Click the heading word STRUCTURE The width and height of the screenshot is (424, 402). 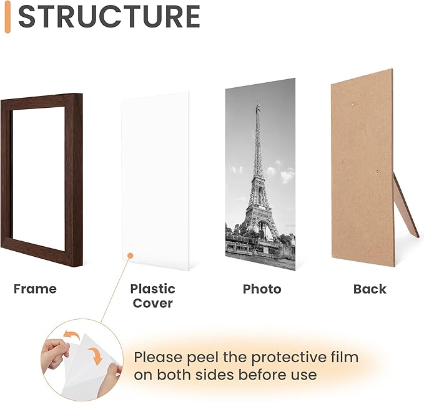coord(109,17)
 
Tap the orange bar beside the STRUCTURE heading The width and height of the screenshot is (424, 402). coord(7,17)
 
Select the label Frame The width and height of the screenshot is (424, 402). coord(35,289)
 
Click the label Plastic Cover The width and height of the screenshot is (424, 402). coord(152,296)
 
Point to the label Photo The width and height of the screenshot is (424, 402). coord(262,289)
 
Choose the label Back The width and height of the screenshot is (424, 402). coord(370,289)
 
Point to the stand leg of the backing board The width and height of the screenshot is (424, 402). coord(407,209)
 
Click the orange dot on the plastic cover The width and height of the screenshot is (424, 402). coord(129,255)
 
